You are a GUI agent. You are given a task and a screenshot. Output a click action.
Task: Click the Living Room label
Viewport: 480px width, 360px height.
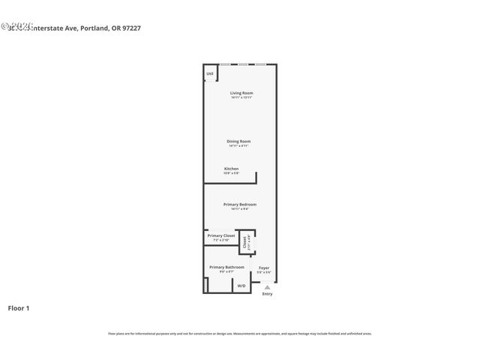(x=241, y=93)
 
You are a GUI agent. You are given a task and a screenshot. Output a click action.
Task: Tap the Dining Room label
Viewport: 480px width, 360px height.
(x=239, y=141)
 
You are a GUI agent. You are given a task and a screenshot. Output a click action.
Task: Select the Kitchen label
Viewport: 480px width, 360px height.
(x=231, y=169)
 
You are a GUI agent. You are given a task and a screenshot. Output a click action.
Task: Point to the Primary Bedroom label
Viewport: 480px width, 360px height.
(x=239, y=204)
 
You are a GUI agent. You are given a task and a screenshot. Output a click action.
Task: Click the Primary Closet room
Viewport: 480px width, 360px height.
(x=221, y=238)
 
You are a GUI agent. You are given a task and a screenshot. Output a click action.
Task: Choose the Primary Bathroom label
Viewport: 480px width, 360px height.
(x=226, y=267)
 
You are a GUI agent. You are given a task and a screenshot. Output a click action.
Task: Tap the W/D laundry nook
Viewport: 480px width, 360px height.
(x=241, y=286)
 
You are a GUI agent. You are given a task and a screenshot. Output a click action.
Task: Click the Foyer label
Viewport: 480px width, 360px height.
(x=264, y=267)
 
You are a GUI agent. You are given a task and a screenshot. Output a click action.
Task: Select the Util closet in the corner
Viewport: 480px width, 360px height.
(x=210, y=73)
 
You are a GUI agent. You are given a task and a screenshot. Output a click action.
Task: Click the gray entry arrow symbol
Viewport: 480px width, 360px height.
(x=267, y=286)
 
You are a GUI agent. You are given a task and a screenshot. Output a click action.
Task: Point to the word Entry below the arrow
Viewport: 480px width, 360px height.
(x=267, y=294)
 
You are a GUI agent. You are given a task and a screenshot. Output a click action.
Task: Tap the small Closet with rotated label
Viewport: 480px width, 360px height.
(x=244, y=242)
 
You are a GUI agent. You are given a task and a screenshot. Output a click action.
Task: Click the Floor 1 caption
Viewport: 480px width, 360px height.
(x=19, y=307)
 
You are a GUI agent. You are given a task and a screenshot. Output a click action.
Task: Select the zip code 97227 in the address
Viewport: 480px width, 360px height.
(x=131, y=28)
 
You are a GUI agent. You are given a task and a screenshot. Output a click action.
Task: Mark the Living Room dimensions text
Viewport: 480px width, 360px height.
(x=241, y=97)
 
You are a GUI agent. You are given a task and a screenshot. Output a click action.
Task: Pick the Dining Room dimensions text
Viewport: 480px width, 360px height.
(x=239, y=145)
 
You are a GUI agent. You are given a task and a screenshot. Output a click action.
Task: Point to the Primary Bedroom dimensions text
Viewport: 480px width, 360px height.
(x=239, y=208)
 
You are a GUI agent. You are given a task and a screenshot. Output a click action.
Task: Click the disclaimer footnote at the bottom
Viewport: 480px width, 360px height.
(x=239, y=333)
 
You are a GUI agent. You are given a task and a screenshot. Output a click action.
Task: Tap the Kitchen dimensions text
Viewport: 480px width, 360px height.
(x=231, y=173)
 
